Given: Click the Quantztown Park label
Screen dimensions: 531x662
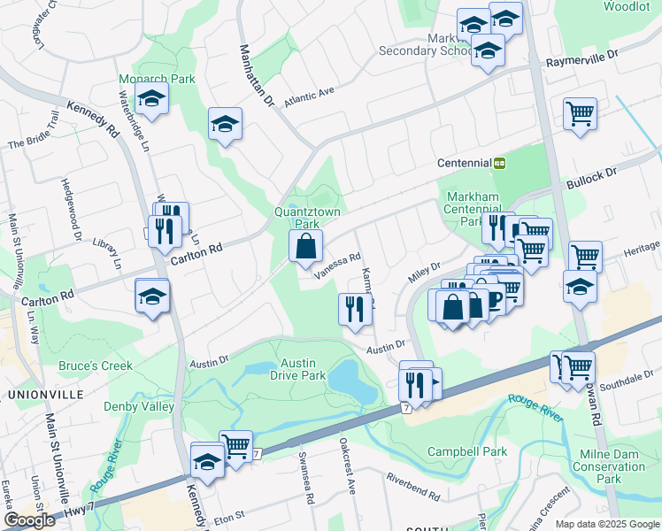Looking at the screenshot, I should point(307,218).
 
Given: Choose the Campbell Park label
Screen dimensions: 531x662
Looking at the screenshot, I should point(467,451).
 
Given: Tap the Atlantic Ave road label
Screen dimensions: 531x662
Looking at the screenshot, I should point(308,91).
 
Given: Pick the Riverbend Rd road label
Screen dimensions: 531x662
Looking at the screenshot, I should point(412,486).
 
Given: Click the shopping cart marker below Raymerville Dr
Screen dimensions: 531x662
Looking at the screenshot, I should point(580,113).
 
